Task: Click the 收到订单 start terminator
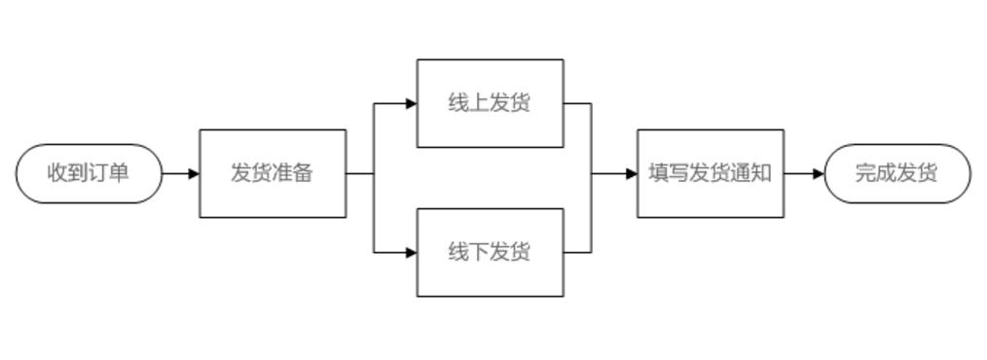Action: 89,173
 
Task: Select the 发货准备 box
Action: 273,173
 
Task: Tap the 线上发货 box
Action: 490,103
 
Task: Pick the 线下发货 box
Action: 490,252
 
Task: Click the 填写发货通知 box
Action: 710,173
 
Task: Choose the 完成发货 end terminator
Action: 896,173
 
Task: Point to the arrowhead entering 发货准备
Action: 194,173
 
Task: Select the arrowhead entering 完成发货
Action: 819,173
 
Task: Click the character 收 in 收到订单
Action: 57,173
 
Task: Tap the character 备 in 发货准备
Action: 304,173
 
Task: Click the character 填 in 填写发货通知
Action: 659,173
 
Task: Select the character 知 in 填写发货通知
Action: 761,173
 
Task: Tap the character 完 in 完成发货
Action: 865,173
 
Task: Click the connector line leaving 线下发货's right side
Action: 578,252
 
